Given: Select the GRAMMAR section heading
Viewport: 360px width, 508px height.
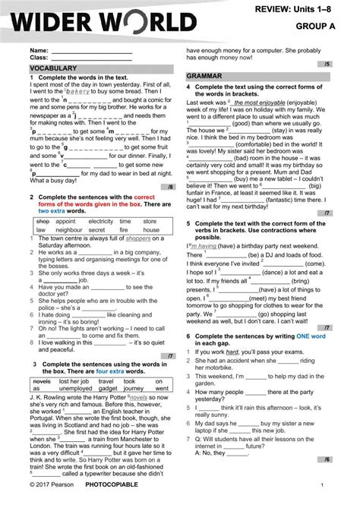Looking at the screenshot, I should click(x=204, y=76).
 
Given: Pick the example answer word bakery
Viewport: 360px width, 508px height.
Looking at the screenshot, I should click(x=80, y=92).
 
